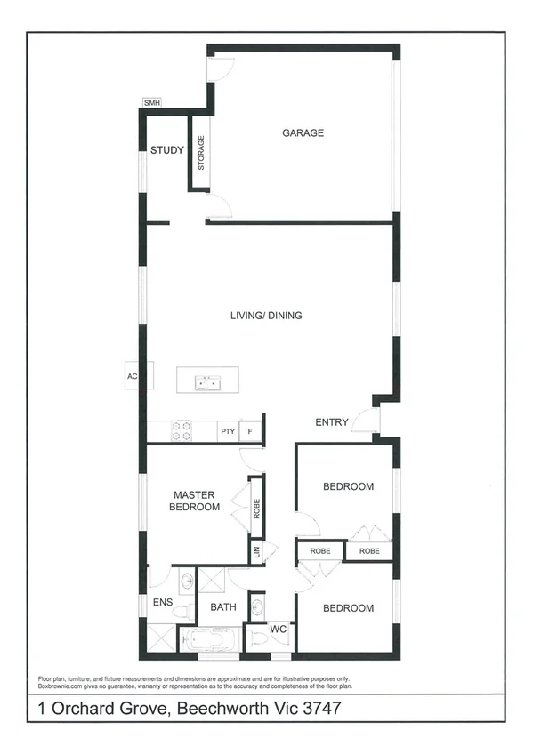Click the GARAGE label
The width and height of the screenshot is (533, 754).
point(303,133)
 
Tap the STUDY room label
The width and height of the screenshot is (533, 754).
point(166,150)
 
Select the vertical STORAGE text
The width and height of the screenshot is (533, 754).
point(201,153)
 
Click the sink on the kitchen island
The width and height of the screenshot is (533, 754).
point(207,383)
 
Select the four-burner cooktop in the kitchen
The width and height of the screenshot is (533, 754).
point(181,431)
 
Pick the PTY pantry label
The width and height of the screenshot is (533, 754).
point(228,432)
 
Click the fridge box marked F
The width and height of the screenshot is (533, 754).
point(251,432)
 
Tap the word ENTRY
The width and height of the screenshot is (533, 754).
point(332,422)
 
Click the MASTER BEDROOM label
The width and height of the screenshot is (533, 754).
point(196,501)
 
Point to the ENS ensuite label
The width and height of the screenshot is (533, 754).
point(162,602)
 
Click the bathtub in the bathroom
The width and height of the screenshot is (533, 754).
point(212,640)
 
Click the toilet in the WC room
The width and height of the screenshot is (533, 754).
point(257,638)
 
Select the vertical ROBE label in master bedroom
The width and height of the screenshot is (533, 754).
point(255,508)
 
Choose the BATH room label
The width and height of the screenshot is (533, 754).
point(222,607)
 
